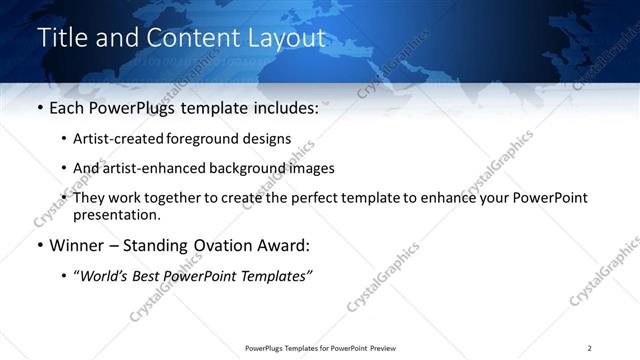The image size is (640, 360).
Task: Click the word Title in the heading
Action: click(61, 39)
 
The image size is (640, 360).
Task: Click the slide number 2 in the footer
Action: click(589, 348)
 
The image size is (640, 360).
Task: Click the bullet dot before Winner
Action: click(39, 246)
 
